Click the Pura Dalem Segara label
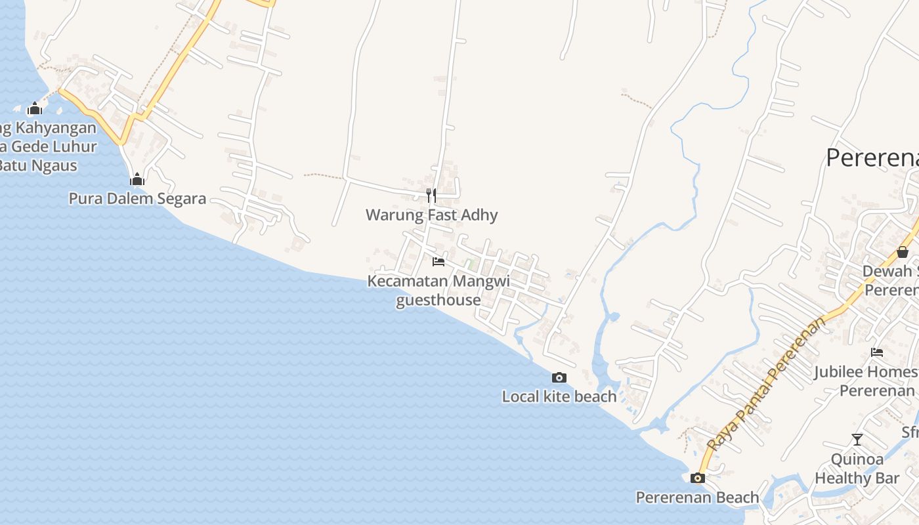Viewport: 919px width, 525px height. pos(137,198)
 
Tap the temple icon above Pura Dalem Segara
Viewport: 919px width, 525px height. pos(137,179)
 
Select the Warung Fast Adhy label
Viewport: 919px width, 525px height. pos(431,215)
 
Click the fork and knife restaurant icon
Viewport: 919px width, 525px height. pos(431,195)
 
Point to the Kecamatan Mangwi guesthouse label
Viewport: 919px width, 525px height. pos(438,290)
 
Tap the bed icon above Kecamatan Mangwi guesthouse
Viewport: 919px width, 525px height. pos(438,262)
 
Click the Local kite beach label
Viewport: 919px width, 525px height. pos(559,396)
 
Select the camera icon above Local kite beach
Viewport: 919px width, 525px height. pos(559,377)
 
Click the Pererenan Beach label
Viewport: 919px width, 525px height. pos(697,497)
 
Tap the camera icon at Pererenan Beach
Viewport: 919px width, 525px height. pos(698,478)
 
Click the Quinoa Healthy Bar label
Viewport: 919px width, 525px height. pos(857,469)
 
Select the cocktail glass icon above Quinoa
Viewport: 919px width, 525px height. pos(857,440)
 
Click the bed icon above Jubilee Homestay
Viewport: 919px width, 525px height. pos(877,352)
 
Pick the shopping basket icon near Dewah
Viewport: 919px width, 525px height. pos(903,252)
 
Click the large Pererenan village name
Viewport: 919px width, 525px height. pos(872,158)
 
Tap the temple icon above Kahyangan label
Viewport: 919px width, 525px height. pos(35,108)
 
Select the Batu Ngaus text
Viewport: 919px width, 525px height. pos(38,165)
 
